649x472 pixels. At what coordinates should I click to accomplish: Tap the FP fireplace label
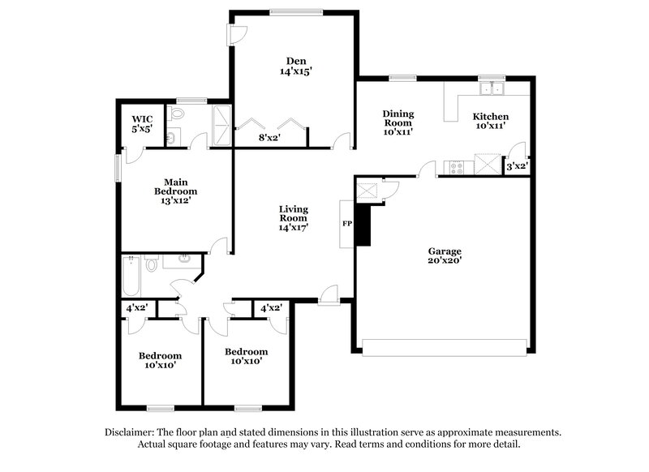(x=346, y=223)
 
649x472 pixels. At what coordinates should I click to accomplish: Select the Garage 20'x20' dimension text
(x=445, y=261)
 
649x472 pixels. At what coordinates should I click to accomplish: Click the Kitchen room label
(x=491, y=116)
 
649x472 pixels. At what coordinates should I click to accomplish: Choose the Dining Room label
(x=398, y=119)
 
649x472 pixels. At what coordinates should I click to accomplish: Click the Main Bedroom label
(x=175, y=186)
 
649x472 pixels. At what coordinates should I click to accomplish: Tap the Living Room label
(x=293, y=212)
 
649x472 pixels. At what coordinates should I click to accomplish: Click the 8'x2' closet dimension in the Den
(x=269, y=138)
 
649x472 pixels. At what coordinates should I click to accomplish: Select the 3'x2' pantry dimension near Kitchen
(x=517, y=166)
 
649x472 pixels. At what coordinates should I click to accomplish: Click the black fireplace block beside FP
(x=363, y=224)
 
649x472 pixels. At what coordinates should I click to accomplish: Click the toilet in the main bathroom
(x=174, y=135)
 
